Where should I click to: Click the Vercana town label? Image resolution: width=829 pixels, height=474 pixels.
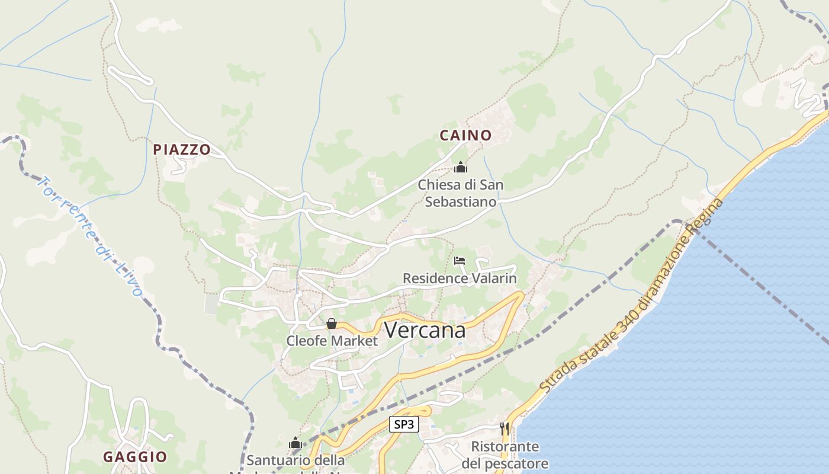(x=425, y=331)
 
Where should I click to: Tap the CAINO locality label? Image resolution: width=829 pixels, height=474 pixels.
(x=465, y=135)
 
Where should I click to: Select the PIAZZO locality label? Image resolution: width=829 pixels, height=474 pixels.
(x=182, y=149)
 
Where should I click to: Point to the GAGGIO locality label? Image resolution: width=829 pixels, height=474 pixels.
(x=135, y=457)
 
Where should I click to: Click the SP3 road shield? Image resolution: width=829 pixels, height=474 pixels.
(x=404, y=424)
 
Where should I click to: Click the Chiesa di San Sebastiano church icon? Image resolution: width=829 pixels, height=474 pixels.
(x=461, y=168)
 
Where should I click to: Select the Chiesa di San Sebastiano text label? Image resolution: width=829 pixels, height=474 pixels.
(x=461, y=193)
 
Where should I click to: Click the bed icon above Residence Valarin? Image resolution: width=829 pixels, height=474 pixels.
(x=460, y=261)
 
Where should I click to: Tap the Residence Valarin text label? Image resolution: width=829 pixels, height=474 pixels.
(x=460, y=278)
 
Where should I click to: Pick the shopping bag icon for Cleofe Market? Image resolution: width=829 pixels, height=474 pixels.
(x=332, y=324)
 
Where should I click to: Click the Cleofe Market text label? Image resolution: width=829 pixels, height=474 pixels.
(x=332, y=341)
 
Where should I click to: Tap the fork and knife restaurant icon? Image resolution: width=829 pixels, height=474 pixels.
(x=505, y=428)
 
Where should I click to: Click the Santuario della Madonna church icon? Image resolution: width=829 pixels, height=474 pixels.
(x=295, y=443)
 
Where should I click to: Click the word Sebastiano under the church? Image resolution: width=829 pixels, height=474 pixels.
(x=461, y=201)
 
